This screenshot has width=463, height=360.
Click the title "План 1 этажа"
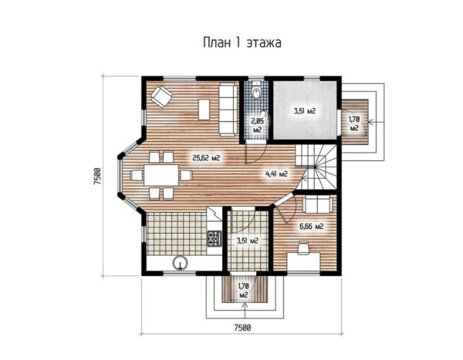(x=242, y=43)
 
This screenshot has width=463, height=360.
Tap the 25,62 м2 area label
(x=206, y=158)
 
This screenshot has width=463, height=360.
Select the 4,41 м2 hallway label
(x=277, y=173)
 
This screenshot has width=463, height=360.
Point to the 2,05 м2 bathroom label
(x=257, y=125)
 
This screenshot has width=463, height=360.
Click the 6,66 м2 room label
(x=312, y=227)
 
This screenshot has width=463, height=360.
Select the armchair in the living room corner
(x=161, y=96)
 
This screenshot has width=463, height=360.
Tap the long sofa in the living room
(x=228, y=109)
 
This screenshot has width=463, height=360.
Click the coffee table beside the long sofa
(x=204, y=109)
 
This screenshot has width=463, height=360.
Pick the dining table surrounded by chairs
(x=161, y=175)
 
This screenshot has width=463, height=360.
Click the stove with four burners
(x=215, y=238)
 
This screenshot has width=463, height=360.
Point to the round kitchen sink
(x=180, y=263)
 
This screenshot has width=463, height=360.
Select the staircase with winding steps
(x=316, y=167)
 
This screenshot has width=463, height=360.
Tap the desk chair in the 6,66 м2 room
(x=303, y=247)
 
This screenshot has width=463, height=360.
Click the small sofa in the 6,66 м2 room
(x=318, y=204)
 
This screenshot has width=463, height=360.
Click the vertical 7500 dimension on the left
(x=98, y=177)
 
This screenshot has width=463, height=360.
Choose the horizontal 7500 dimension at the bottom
(x=242, y=328)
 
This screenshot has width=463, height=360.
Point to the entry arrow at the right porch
(x=377, y=122)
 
